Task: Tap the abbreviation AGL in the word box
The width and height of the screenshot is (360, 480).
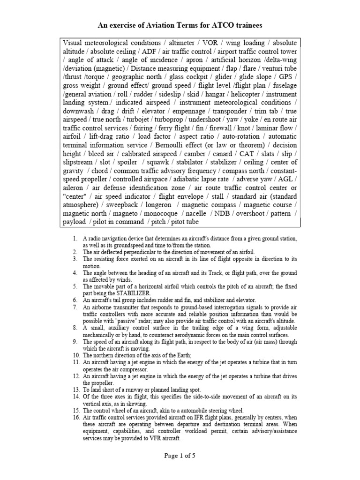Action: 288,179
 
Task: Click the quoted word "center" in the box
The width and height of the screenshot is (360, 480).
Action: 75,196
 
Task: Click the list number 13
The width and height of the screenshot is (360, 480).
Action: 75,390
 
